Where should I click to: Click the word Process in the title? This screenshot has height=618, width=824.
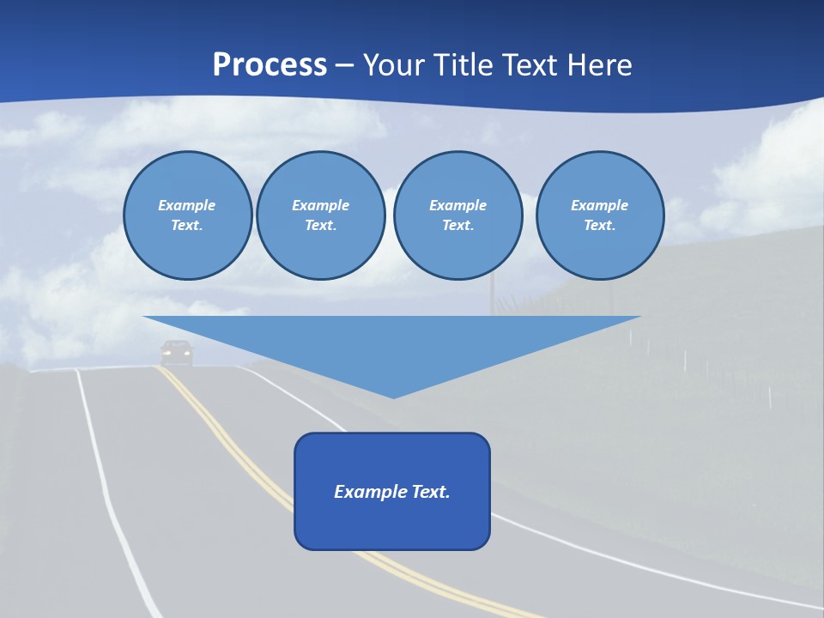pos(270,64)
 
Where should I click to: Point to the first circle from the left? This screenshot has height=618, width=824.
pos(187,215)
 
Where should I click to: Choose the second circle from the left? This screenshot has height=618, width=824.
pos(320,215)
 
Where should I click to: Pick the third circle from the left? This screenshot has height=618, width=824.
pos(457,215)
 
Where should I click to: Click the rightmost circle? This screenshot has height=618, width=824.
pos(599,215)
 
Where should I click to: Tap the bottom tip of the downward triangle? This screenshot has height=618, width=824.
pos(393,397)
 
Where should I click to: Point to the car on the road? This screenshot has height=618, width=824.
pos(177,352)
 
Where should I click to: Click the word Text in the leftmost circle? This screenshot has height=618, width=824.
pos(186,226)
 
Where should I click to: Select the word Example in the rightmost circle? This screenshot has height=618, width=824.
pos(599,205)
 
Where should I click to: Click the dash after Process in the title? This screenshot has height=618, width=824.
pos(344,66)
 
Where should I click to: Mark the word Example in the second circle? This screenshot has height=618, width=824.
pos(320,205)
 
